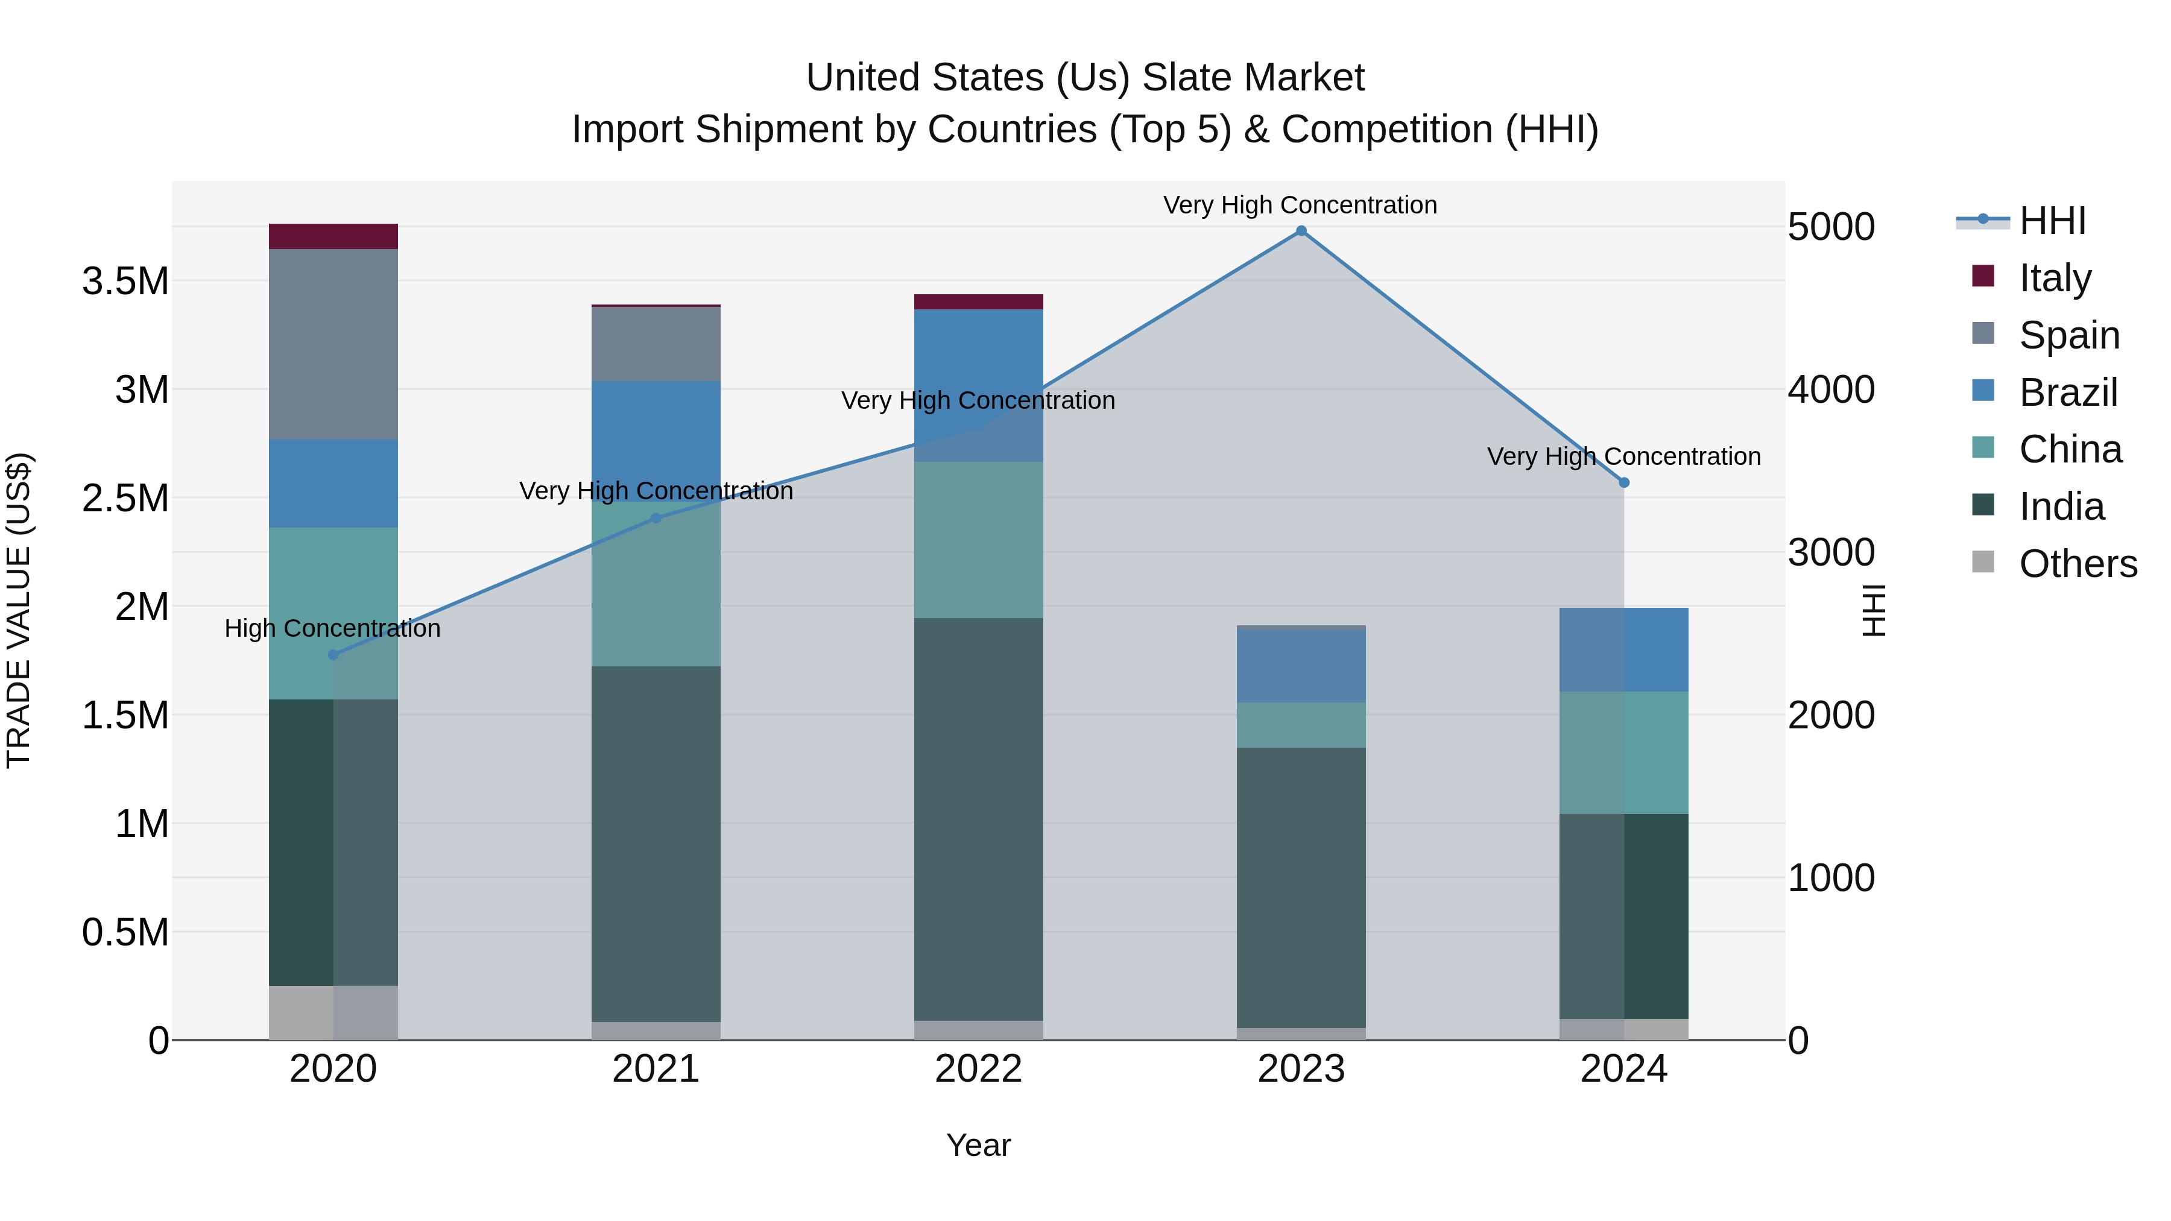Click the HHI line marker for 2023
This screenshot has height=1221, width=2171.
pyautogui.click(x=1300, y=231)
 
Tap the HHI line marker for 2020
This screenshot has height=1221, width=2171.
pyautogui.click(x=333, y=655)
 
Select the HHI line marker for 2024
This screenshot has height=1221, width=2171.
pyautogui.click(x=1624, y=483)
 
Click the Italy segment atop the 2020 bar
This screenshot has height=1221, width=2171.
pyautogui.click(x=333, y=237)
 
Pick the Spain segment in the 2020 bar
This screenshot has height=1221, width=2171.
pyautogui.click(x=333, y=344)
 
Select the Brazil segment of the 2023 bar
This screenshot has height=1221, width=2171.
pyautogui.click(x=1300, y=666)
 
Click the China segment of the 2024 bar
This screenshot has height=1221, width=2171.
pyautogui.click(x=1624, y=752)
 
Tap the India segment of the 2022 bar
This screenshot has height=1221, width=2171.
pyautogui.click(x=979, y=819)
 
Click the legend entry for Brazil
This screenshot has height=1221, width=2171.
pyautogui.click(x=2067, y=393)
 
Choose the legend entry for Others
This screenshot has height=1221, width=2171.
pyautogui.click(x=2078, y=564)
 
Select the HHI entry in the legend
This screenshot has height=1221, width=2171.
pyautogui.click(x=2052, y=221)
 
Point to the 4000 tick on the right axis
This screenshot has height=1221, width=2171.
pyautogui.click(x=1830, y=390)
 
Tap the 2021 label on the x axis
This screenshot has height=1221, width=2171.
pyautogui.click(x=656, y=1068)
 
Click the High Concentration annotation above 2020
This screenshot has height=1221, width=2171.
pyautogui.click(x=332, y=629)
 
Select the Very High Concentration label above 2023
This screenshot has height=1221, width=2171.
pyautogui.click(x=1300, y=205)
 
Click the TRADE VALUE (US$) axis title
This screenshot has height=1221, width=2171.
pyautogui.click(x=19, y=610)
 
